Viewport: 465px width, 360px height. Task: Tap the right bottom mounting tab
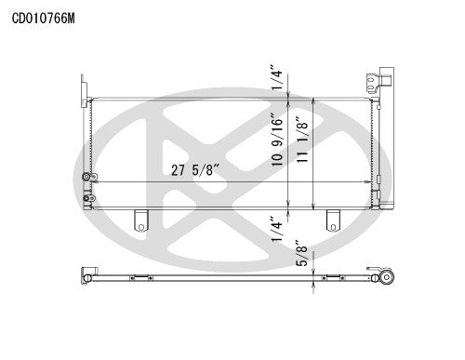click(x=332, y=220)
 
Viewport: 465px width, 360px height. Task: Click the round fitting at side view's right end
click(x=384, y=278)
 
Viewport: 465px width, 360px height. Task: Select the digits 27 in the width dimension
click(x=179, y=169)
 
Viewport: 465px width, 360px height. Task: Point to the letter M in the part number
click(x=73, y=16)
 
